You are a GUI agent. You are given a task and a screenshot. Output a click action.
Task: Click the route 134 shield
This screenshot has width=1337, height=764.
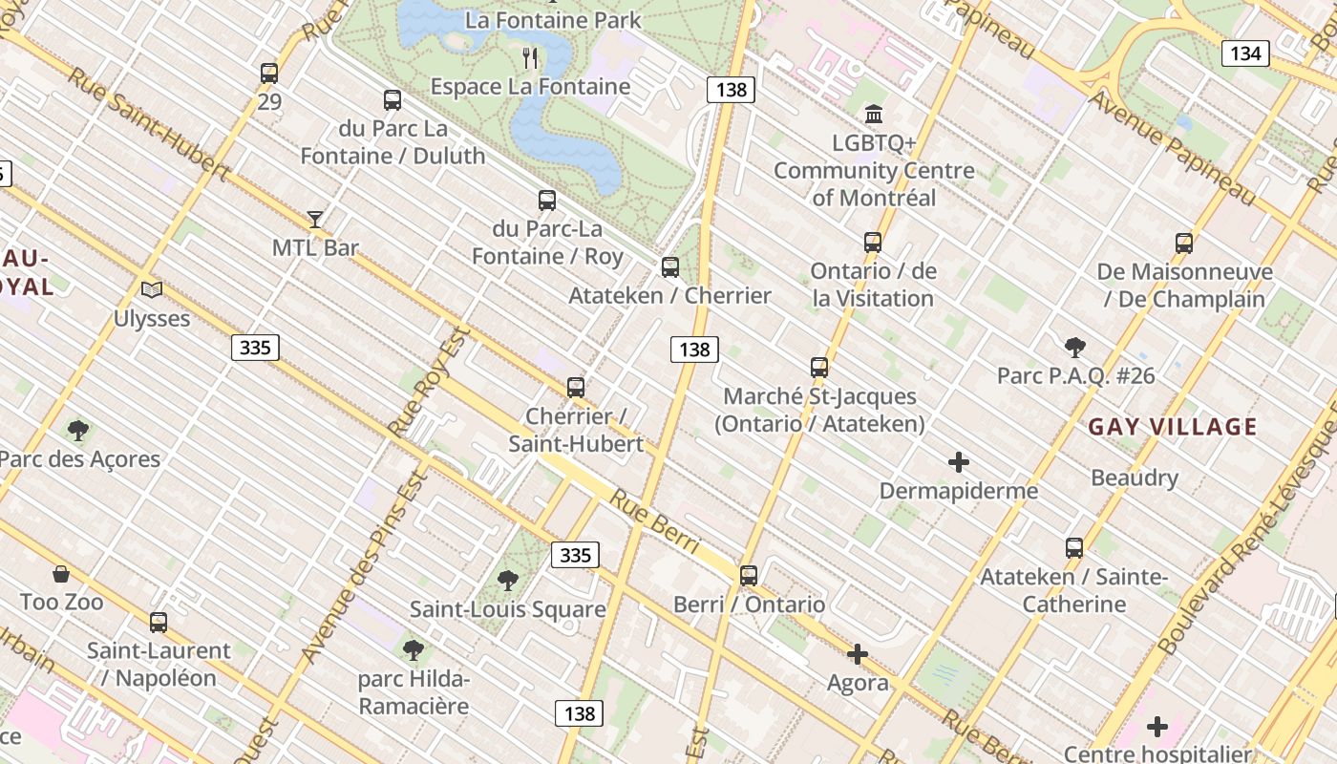[1245, 53]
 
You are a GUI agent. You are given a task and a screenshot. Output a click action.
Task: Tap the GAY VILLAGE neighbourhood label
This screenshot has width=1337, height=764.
[1173, 427]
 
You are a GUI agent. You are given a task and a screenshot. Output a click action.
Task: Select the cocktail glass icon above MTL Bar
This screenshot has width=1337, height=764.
[315, 219]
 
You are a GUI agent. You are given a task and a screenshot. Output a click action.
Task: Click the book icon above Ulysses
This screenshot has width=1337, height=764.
[152, 288]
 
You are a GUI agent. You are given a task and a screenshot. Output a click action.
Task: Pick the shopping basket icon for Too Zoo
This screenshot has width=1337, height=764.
[61, 573]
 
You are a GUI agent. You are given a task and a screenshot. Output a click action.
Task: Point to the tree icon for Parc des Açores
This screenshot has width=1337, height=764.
[78, 431]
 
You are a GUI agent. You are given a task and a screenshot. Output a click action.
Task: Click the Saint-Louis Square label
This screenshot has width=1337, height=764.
[507, 609]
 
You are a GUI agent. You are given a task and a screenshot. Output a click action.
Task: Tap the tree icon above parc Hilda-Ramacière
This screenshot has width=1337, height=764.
[414, 650]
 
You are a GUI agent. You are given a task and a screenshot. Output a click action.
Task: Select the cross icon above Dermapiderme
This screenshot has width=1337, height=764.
[959, 463]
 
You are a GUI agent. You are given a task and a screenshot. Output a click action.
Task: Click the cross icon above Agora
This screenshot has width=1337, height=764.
[858, 654]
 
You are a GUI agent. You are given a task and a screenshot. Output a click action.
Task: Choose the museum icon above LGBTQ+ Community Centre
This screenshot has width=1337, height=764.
[874, 115]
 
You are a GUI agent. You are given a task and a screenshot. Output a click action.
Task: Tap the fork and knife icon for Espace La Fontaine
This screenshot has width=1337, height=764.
[531, 58]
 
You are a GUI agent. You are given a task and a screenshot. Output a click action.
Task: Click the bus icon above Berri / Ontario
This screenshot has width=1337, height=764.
[749, 575]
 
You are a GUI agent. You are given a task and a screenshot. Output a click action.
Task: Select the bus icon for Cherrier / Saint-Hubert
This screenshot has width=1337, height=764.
[575, 387]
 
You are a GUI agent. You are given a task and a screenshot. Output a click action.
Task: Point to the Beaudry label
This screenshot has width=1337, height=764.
[1135, 477]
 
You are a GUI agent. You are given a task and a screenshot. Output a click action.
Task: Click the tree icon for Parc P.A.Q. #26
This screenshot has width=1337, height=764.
[1075, 347]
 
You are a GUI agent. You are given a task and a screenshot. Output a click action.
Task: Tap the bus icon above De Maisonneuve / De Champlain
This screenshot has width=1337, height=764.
[1184, 243]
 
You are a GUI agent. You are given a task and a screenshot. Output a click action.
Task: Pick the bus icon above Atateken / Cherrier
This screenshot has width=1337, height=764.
[670, 266]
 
